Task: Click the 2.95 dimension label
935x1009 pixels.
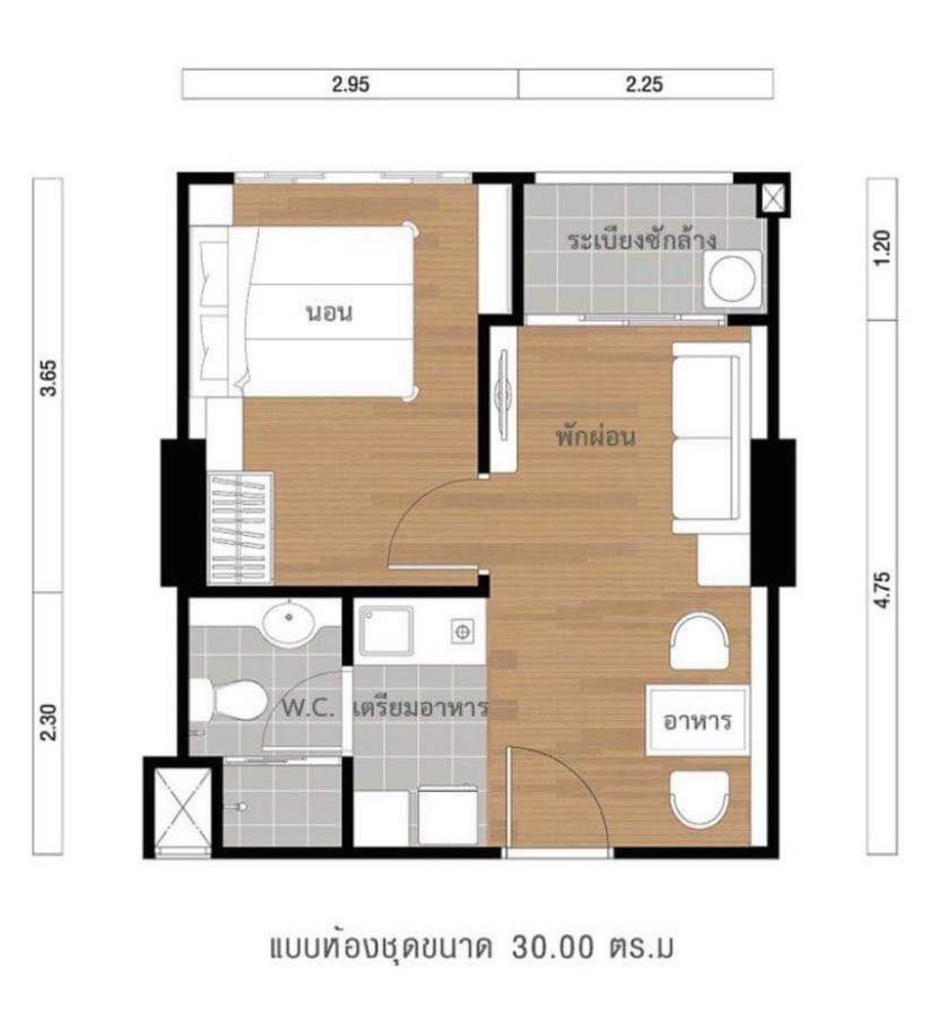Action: [351, 84]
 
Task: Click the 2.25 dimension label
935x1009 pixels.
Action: [644, 84]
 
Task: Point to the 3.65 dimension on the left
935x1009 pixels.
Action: [49, 378]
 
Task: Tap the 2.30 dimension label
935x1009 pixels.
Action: [49, 723]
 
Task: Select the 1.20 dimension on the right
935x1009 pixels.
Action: [883, 248]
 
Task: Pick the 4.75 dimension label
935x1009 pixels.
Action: [883, 589]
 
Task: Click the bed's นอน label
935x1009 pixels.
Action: [329, 313]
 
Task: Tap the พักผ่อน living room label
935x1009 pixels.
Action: [596, 437]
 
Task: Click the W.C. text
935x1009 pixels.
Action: [309, 709]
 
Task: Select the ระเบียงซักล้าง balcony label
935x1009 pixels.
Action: [641, 240]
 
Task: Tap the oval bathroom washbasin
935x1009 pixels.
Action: [288, 623]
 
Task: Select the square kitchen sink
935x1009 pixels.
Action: [385, 630]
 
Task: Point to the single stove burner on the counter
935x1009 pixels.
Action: [461, 631]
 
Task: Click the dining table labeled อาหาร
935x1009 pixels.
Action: [698, 721]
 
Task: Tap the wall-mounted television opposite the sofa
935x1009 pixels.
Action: [503, 396]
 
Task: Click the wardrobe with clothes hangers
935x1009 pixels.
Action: [239, 528]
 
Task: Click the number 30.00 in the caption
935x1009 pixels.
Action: [552, 948]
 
